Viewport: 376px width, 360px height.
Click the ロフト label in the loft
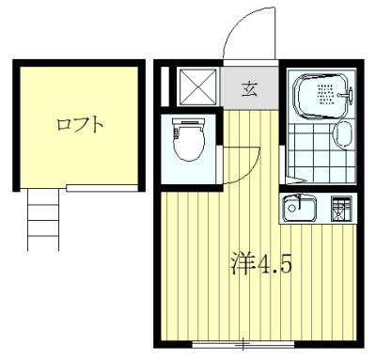(x=79, y=123)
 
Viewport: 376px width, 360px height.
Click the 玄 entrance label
(x=251, y=89)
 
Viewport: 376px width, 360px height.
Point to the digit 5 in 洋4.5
(x=285, y=264)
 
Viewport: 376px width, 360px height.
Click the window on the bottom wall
(x=241, y=340)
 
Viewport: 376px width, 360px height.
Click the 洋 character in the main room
(x=242, y=263)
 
